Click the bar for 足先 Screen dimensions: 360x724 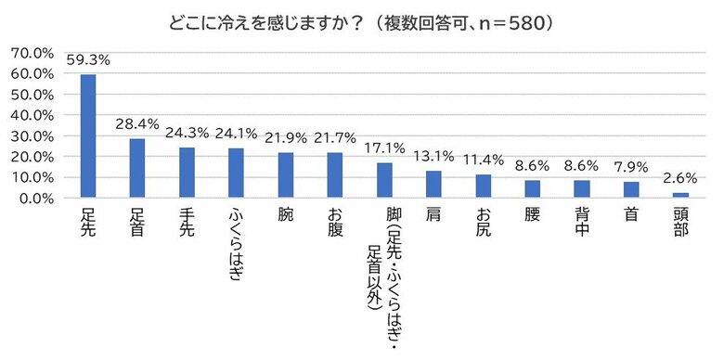click(x=88, y=136)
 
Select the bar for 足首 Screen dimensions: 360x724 click(x=137, y=169)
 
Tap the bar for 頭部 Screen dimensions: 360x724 click(x=680, y=196)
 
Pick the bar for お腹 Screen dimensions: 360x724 click(x=335, y=175)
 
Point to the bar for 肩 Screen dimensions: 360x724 click(x=433, y=185)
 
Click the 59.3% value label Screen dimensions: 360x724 click(x=88, y=60)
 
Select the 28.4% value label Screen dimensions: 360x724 click(x=137, y=124)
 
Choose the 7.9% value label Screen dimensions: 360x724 click(x=631, y=167)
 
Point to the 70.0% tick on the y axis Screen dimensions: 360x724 click(x=32, y=52)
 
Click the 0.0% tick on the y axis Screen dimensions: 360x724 click(x=36, y=199)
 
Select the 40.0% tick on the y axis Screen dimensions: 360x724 click(x=32, y=115)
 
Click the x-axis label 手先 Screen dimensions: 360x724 click(x=187, y=223)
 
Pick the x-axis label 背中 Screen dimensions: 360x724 click(x=582, y=223)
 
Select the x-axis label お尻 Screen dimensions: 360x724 click(x=483, y=223)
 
